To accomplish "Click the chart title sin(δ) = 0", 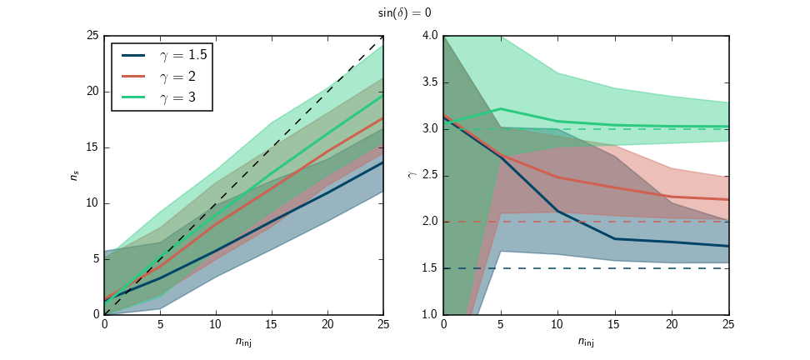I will (404, 13).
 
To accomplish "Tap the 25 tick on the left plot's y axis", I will (92, 36).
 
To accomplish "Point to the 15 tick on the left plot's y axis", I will (92, 147).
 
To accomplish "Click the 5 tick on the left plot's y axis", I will (95, 259).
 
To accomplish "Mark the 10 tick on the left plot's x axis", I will (215, 323).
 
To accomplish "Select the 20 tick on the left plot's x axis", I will (327, 323).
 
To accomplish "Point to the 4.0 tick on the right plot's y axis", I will (430, 36).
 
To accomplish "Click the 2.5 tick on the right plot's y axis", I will (430, 176).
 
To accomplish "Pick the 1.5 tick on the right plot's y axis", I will (430, 268).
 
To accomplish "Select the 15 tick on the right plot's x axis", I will (615, 323).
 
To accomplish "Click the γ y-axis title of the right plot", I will (411, 176).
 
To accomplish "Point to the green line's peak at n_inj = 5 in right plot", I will (501, 108).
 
